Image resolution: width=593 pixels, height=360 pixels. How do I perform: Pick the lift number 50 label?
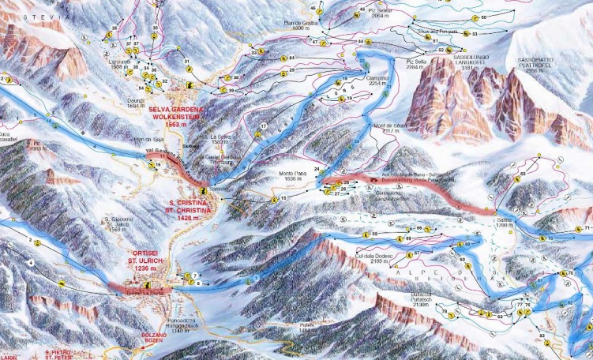484,17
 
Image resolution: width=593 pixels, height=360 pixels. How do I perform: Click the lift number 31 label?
187,61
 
